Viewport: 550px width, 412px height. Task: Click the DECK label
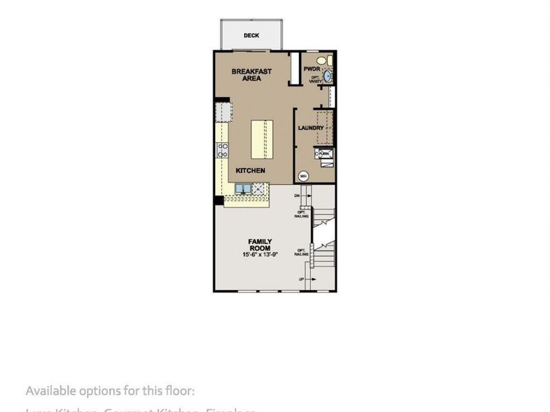(x=251, y=35)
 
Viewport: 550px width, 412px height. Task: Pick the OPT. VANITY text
(x=315, y=80)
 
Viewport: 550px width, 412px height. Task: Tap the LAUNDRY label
(x=311, y=128)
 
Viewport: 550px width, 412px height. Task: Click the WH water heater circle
(x=303, y=176)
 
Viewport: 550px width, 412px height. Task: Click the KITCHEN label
(x=250, y=170)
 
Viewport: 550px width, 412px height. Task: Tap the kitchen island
(x=261, y=138)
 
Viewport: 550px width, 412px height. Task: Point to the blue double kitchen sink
(x=244, y=187)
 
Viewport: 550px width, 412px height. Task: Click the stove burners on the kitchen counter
(x=223, y=150)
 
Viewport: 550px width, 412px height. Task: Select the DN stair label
(x=298, y=196)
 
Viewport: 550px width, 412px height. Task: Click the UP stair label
(x=301, y=279)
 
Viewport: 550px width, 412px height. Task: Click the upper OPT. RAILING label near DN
(x=301, y=214)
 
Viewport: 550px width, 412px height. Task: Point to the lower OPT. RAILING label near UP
(x=301, y=252)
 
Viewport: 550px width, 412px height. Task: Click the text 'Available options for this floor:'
(x=110, y=391)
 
